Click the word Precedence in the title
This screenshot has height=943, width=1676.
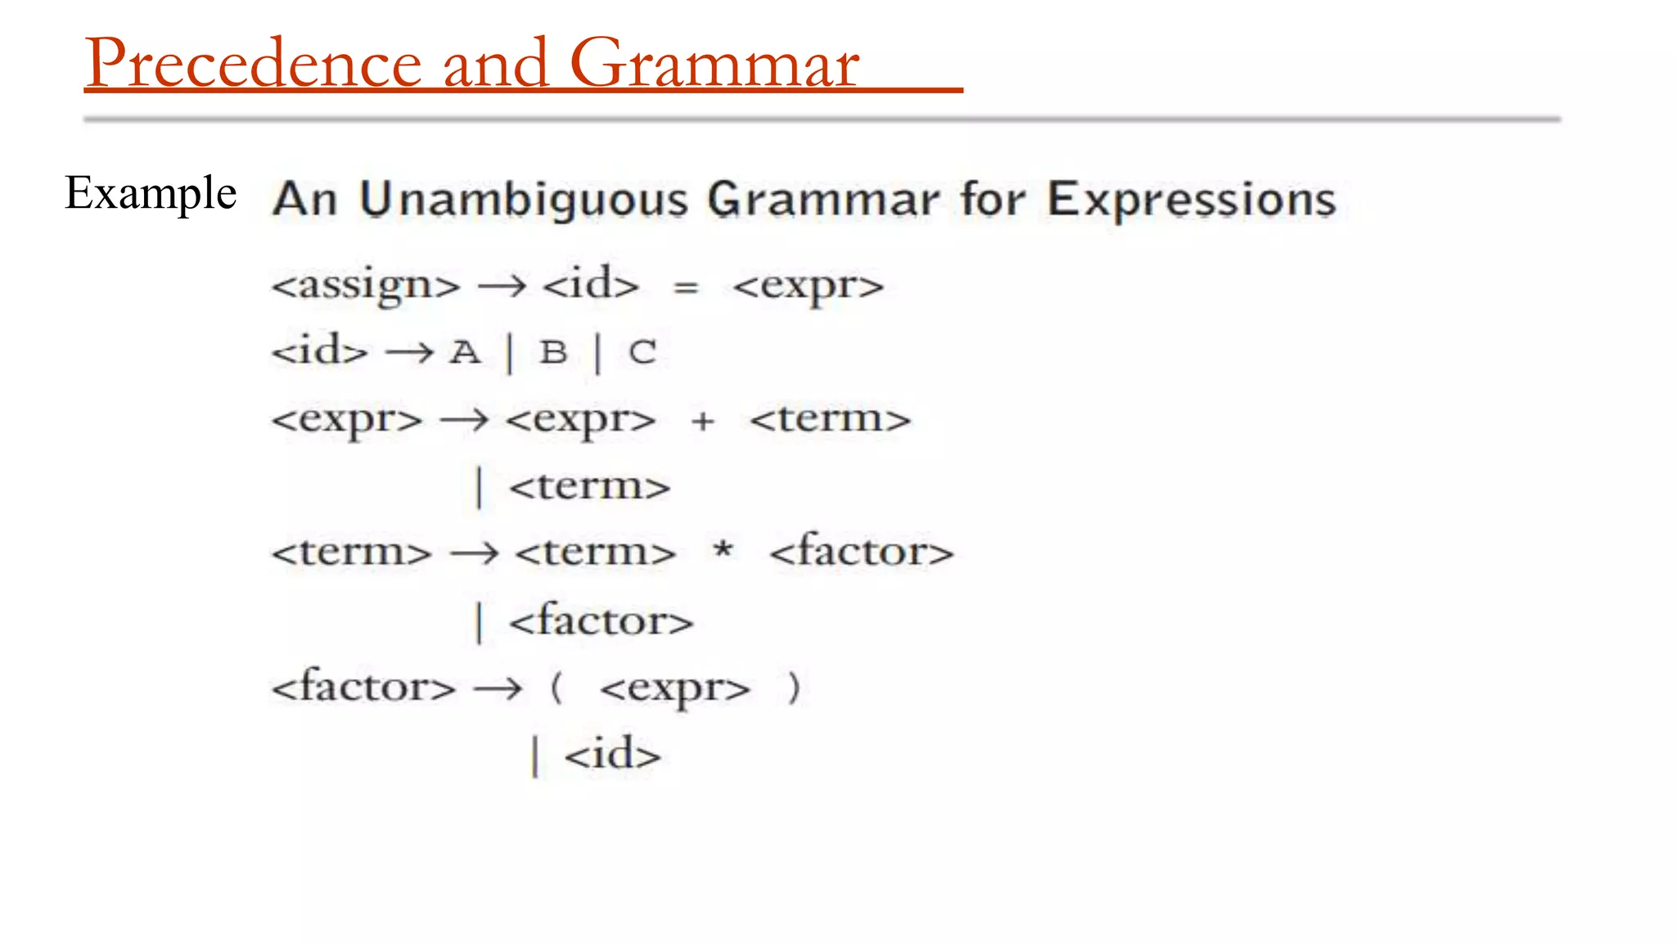pos(254,64)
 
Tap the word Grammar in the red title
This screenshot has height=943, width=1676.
pos(714,64)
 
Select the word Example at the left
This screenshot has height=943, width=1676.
pos(151,193)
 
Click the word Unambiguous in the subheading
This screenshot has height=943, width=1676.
pos(524,200)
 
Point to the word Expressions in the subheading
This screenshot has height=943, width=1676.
pos(1192,200)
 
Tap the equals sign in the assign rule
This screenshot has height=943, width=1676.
pos(686,287)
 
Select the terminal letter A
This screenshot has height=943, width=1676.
pos(465,353)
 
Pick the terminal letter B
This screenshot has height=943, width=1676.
pos(553,353)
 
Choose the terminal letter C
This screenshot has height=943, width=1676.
pos(642,353)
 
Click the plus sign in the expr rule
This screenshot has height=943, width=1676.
pos(702,422)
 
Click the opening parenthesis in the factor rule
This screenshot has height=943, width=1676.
pos(556,687)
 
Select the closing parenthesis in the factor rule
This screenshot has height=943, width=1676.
pos(792,687)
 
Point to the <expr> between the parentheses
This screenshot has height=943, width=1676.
pos(674,688)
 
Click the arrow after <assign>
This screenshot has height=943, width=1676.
pos(502,287)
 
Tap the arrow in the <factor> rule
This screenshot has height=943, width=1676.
pos(498,688)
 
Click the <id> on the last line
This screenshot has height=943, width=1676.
pos(612,754)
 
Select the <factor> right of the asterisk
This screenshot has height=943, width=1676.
pos(862,551)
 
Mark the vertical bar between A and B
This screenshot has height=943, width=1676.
pos(510,354)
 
